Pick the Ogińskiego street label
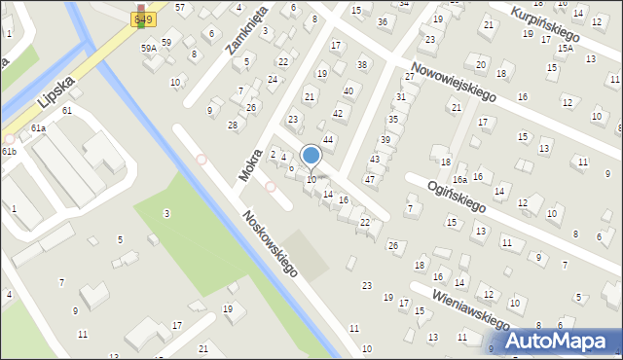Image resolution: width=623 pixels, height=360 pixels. click(464, 198)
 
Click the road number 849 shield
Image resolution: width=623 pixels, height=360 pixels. click(143, 18)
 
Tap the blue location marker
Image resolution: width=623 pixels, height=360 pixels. click(311, 156)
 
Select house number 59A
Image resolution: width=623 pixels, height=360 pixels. click(148, 48)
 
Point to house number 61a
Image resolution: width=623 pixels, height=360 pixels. click(38, 128)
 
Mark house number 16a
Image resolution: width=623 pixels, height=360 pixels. click(459, 180)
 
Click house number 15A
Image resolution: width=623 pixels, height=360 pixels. click(566, 47)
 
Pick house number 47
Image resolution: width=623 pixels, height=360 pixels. click(370, 179)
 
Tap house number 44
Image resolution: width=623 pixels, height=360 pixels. click(329, 140)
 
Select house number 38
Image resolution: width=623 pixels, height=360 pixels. click(362, 65)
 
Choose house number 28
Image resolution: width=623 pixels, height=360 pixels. click(233, 125)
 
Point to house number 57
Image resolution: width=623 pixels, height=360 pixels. click(180, 8)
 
